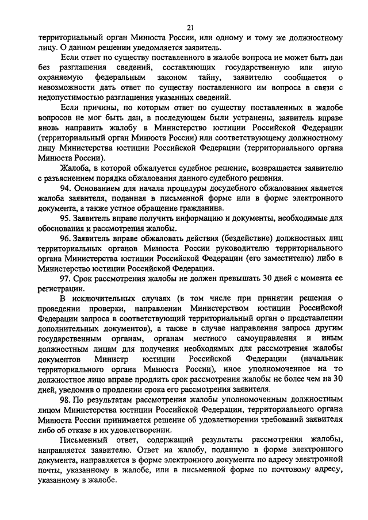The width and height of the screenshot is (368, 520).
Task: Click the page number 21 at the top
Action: click(190, 27)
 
